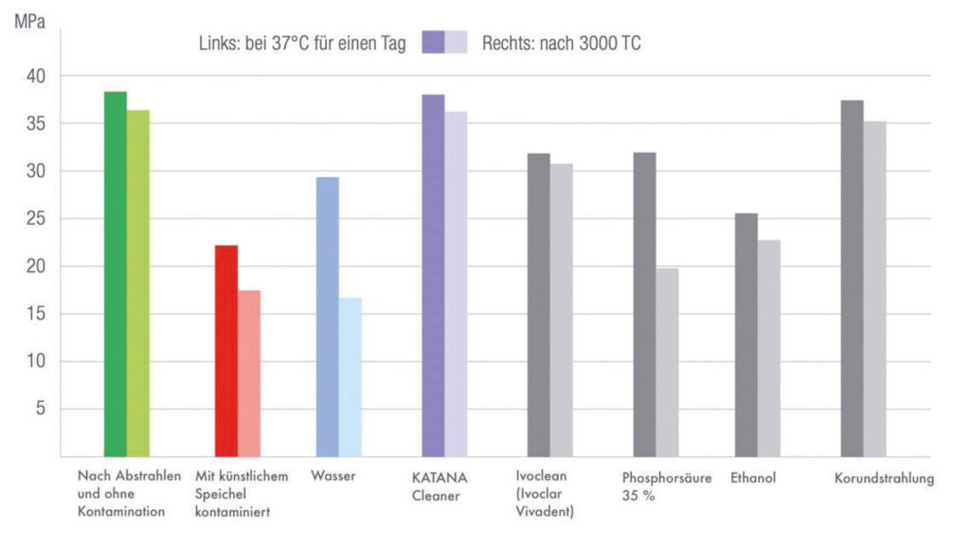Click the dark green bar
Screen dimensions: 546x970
pos(116,275)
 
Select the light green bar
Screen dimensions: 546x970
pos(138,284)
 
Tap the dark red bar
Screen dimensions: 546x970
pos(226,351)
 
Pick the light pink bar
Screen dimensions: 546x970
pos(249,373)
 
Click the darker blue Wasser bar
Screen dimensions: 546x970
pos(328,318)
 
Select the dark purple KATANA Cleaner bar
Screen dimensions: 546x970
pos(434,276)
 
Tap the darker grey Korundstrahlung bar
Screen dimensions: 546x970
pos(853,279)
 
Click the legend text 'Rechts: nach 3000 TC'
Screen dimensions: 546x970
pos(561,44)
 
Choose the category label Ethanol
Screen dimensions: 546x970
pos(753,478)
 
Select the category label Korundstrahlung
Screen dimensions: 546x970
pos(884,478)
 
